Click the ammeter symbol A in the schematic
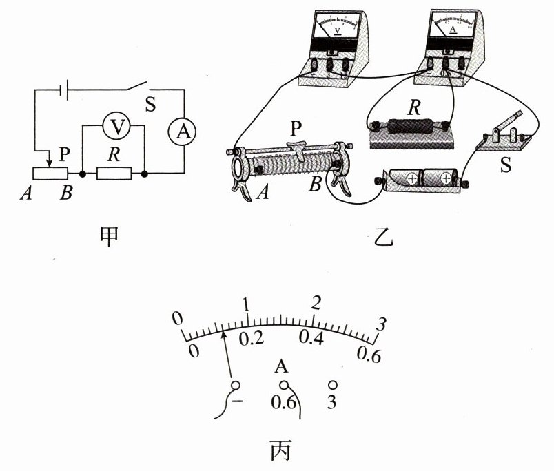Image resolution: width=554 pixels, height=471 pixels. click(183, 132)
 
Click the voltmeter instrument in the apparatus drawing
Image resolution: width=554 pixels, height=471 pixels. click(329, 45)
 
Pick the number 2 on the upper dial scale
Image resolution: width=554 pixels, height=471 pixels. click(316, 304)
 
